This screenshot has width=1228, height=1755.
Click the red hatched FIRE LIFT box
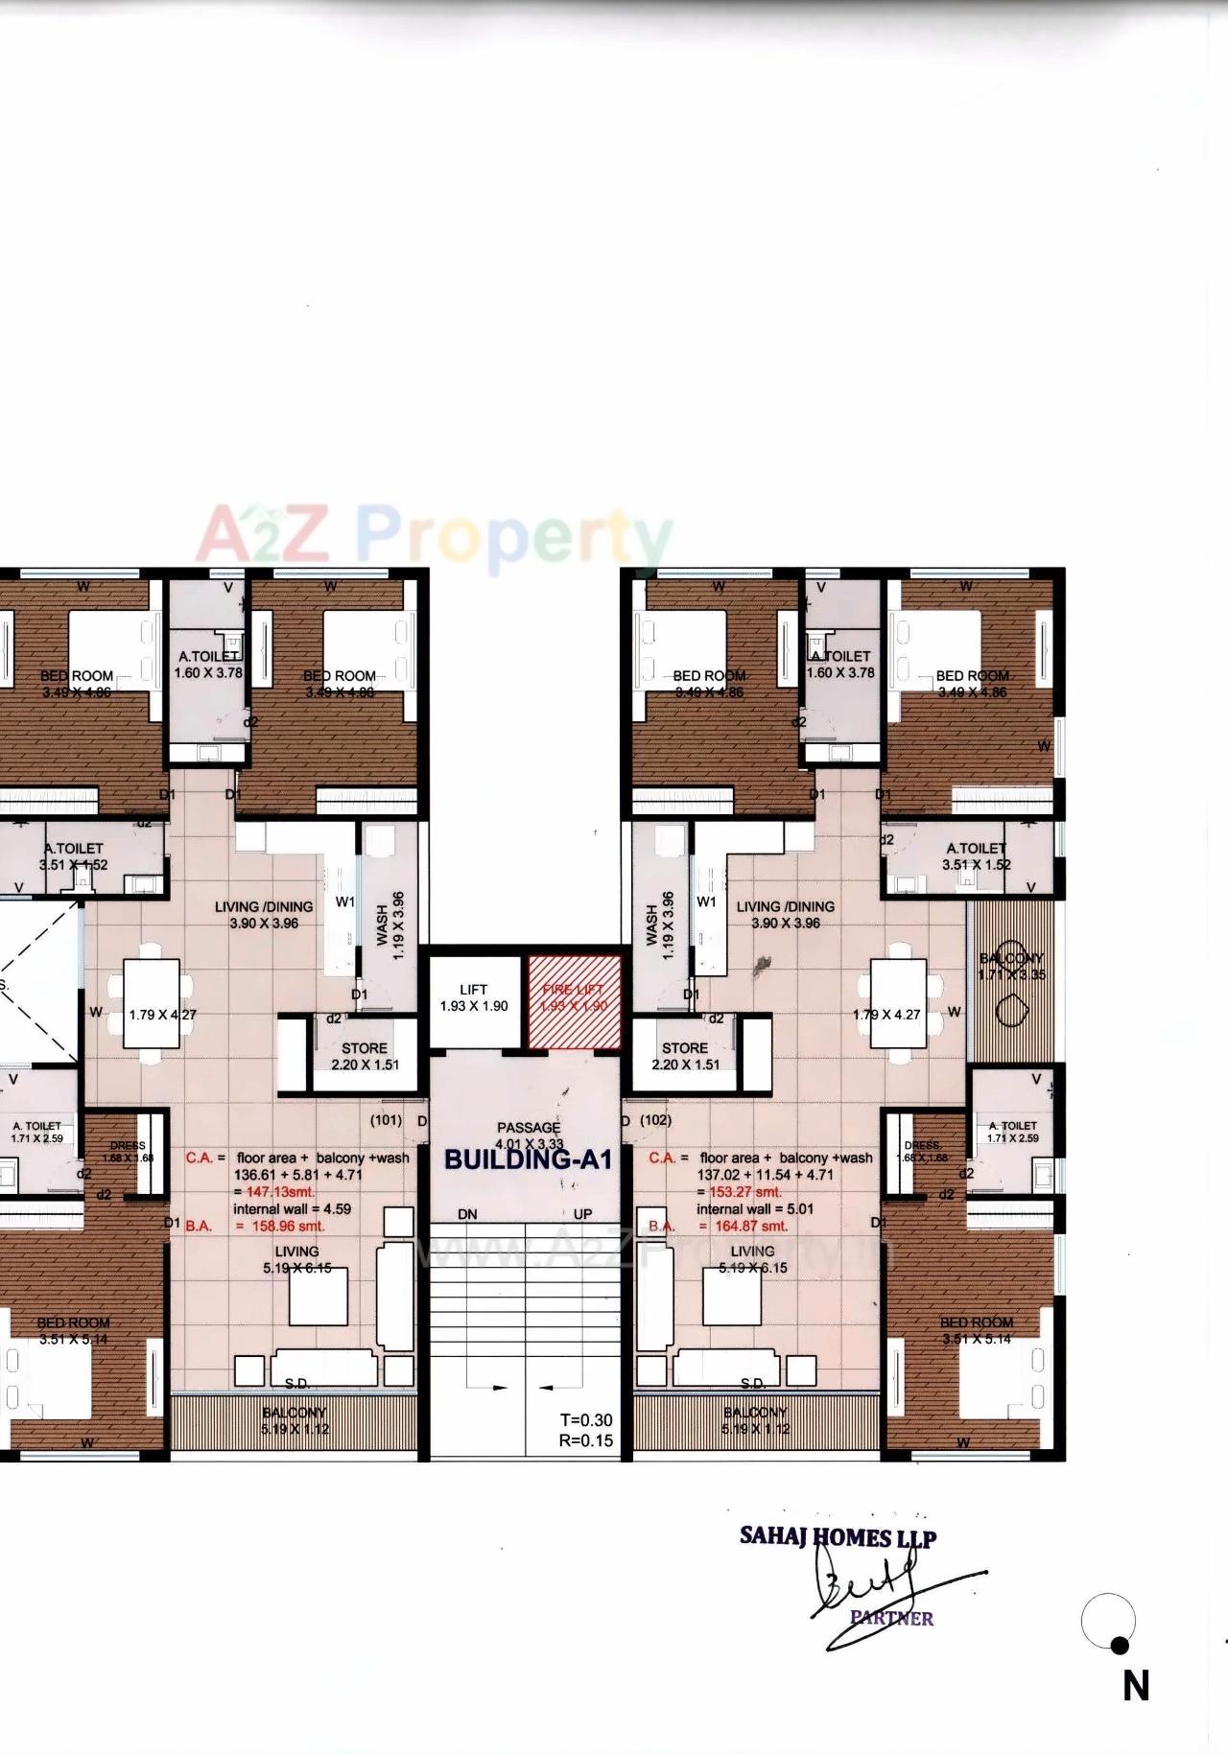tap(574, 1000)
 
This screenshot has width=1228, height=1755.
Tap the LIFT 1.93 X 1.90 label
tap(474, 998)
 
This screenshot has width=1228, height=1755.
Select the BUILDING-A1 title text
tap(528, 1158)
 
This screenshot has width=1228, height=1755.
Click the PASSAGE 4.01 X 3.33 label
tap(529, 1135)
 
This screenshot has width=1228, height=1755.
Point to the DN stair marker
tap(467, 1214)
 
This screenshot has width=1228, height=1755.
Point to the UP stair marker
tap(582, 1214)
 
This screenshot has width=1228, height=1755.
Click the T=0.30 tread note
tap(586, 1420)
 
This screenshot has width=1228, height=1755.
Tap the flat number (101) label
tap(387, 1119)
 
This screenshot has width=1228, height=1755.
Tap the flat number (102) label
tap(655, 1119)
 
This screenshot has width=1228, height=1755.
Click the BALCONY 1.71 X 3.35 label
tap(1011, 967)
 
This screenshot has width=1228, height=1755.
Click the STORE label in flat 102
tap(685, 1048)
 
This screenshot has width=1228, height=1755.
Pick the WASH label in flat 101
tap(383, 925)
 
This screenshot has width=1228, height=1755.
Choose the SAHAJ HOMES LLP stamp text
tap(838, 1536)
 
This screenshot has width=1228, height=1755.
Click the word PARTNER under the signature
tap(891, 1618)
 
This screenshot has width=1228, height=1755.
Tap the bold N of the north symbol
tap(1136, 1686)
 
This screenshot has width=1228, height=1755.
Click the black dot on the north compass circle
tap(1120, 1646)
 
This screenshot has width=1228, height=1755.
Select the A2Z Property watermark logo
tap(434, 537)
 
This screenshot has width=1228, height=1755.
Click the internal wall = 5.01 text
tap(755, 1208)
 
